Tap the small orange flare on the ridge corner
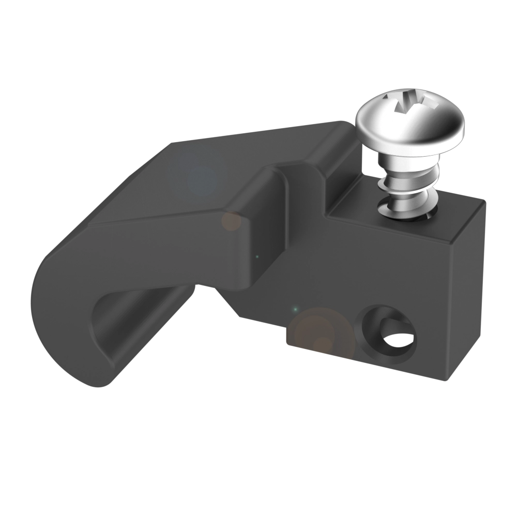pos(231,221)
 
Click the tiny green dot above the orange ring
pos(295,309)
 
